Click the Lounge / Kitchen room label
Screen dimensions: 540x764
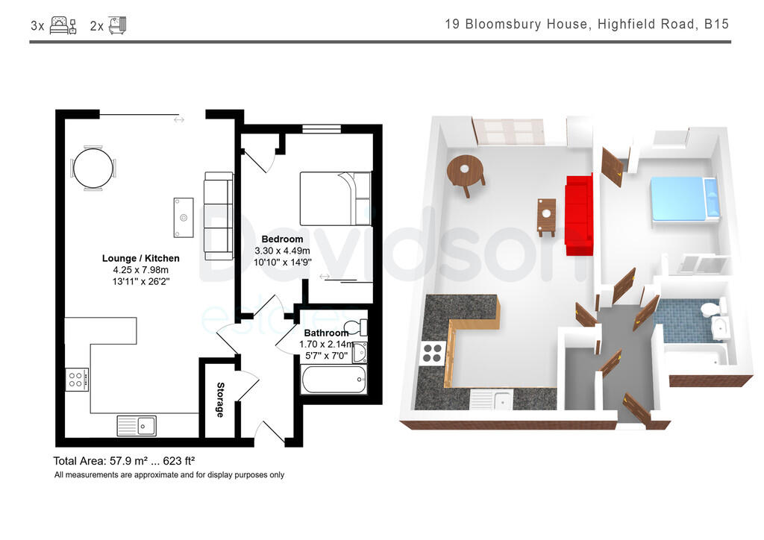pyautogui.click(x=141, y=258)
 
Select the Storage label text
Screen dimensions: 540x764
pyautogui.click(x=220, y=400)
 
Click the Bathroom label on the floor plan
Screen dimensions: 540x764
pyautogui.click(x=325, y=333)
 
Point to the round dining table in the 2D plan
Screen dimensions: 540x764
pyautogui.click(x=94, y=169)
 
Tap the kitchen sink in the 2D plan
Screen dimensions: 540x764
pyautogui.click(x=137, y=426)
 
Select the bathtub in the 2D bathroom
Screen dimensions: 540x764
pyautogui.click(x=334, y=380)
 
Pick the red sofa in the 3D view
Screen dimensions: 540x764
pyautogui.click(x=579, y=214)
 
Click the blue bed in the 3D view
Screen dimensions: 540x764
pyautogui.click(x=679, y=198)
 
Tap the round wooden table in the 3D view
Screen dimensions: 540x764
pyautogui.click(x=466, y=172)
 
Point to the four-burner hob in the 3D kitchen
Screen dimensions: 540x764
pyautogui.click(x=433, y=352)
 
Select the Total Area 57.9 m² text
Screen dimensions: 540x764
pyautogui.click(x=124, y=461)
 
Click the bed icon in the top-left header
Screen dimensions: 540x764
pyautogui.click(x=63, y=25)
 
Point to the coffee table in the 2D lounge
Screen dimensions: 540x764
pyautogui.click(x=183, y=217)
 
